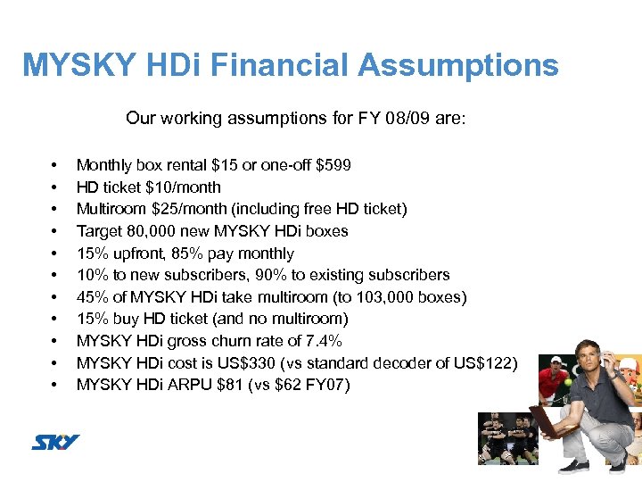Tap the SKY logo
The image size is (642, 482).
(x=56, y=442)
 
